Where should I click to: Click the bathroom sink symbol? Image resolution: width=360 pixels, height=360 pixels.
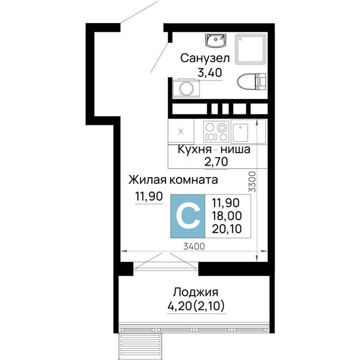pyautogui.click(x=216, y=40)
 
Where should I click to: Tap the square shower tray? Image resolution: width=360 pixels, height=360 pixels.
pyautogui.click(x=250, y=49)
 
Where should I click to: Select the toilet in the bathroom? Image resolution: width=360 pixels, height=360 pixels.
pyautogui.click(x=251, y=82)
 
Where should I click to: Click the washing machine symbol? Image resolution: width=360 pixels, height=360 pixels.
pyautogui.click(x=186, y=88)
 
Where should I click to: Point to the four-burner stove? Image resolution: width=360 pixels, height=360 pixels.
pyautogui.click(x=216, y=131)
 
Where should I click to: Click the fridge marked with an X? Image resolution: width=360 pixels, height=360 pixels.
pyautogui.click(x=181, y=132)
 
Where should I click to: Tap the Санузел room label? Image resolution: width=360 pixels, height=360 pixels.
pyautogui.click(x=205, y=58)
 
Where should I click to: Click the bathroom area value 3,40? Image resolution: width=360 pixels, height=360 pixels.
pyautogui.click(x=210, y=73)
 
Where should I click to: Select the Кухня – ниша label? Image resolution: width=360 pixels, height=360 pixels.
pyautogui.click(x=214, y=150)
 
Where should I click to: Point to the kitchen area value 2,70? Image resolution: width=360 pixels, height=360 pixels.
pyautogui.click(x=216, y=162)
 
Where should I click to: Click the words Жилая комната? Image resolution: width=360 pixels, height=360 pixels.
pyautogui.click(x=173, y=180)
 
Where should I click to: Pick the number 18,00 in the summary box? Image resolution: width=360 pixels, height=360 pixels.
pyautogui.click(x=226, y=216)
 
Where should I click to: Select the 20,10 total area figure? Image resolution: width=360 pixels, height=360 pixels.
pyautogui.click(x=226, y=229)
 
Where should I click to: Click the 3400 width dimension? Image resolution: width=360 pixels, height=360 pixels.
pyautogui.click(x=194, y=247)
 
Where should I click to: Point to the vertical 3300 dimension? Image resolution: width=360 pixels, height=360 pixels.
pyautogui.click(x=252, y=181)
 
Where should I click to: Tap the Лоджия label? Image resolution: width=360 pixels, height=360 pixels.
pyautogui.click(x=195, y=292)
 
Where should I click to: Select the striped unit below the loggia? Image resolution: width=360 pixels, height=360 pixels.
pyautogui.click(x=140, y=346)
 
